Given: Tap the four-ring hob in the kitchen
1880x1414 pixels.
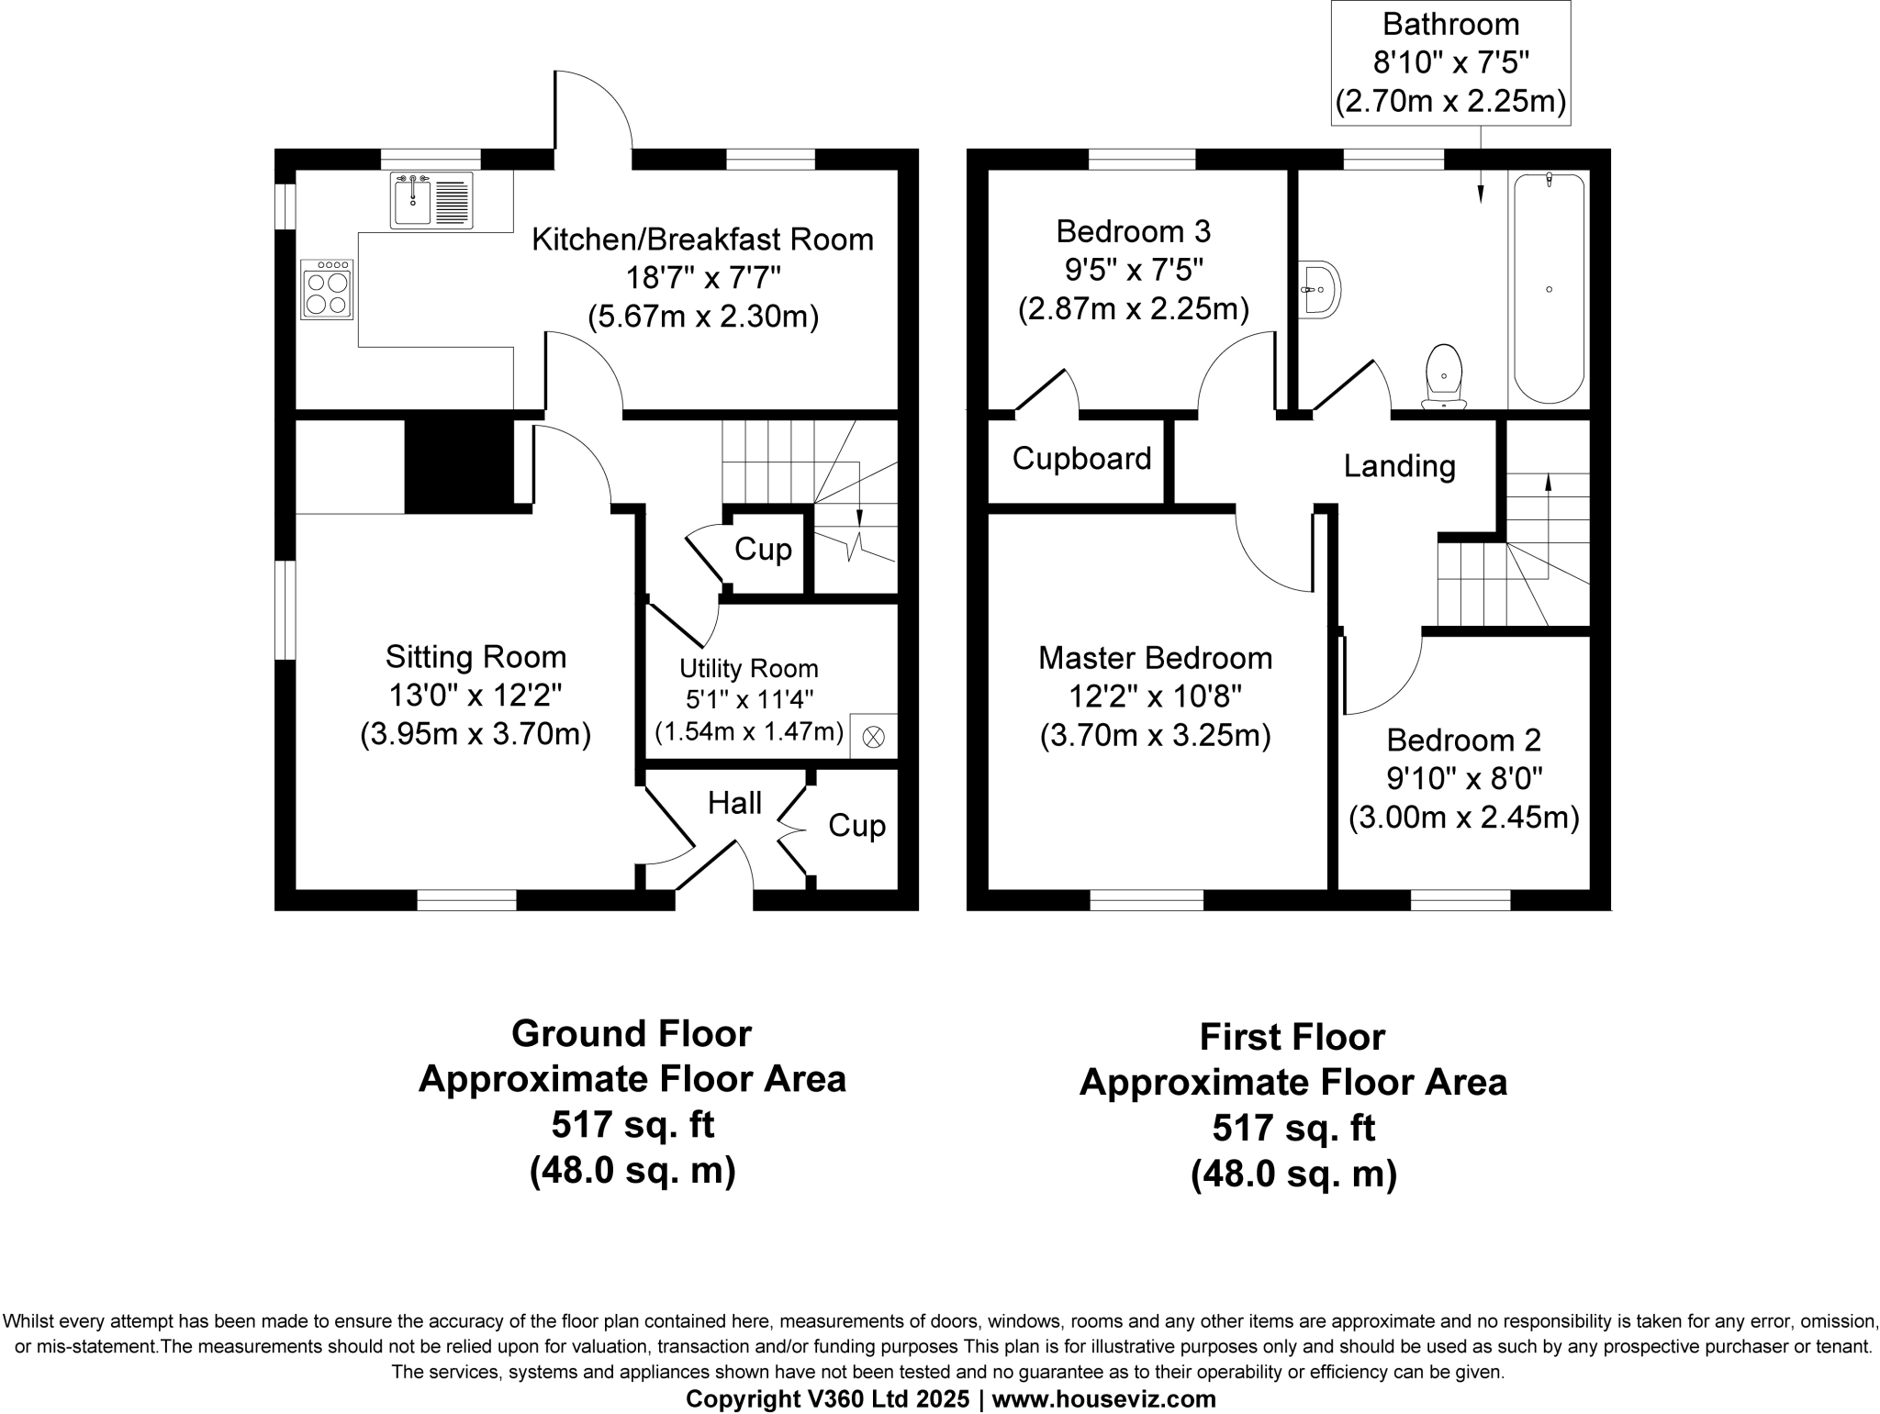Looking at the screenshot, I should click(x=327, y=290).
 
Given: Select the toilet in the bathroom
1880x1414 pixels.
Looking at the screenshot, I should click(x=1444, y=377).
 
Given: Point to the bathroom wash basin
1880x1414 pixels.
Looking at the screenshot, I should click(x=1321, y=289).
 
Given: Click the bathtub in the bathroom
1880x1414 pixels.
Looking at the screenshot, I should click(x=1549, y=289).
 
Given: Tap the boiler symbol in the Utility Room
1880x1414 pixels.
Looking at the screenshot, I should click(x=874, y=736).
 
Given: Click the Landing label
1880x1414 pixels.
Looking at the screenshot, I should click(x=1399, y=466).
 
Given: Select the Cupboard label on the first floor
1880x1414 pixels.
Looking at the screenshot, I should click(x=1081, y=458).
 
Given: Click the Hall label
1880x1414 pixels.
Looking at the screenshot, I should click(x=734, y=803).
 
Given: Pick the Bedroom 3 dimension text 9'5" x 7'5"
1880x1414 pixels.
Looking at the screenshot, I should click(x=1134, y=270).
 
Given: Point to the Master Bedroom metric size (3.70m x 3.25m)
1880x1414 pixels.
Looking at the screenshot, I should click(x=1155, y=736).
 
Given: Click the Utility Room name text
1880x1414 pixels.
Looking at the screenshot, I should click(x=748, y=668).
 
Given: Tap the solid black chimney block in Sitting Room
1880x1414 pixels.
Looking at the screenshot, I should click(x=459, y=466).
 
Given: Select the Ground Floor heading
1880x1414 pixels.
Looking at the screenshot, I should click(x=632, y=1033).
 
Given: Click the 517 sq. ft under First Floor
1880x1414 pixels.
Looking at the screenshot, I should click(x=1292, y=1128).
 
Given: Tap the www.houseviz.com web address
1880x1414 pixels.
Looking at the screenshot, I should click(x=1103, y=1398).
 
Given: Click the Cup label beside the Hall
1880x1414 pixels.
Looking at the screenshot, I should click(x=856, y=826).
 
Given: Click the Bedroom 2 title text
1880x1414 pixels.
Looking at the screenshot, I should click(x=1463, y=740).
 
